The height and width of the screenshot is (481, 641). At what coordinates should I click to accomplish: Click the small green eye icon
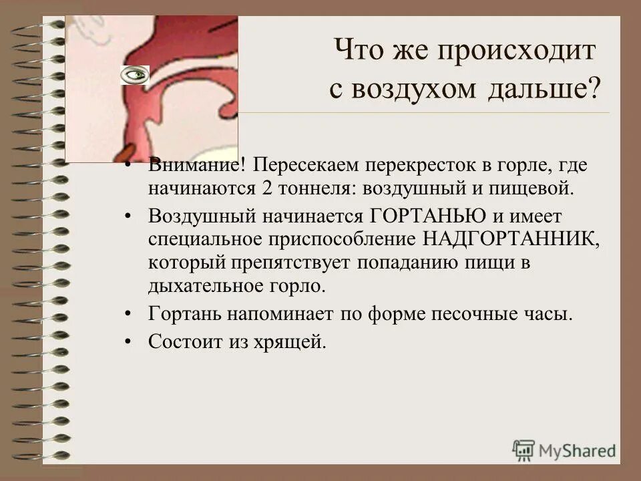(x=135, y=75)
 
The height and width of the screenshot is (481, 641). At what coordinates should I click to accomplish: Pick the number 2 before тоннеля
(x=266, y=187)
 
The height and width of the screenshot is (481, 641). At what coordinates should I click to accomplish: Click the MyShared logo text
(x=578, y=451)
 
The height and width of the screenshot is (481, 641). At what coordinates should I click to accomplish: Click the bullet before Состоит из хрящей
(x=128, y=343)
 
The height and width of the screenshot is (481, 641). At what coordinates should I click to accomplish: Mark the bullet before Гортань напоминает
(x=128, y=314)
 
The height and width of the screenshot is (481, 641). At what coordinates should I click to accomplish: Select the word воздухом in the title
(x=411, y=90)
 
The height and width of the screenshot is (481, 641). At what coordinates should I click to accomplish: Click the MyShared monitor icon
(x=523, y=450)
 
